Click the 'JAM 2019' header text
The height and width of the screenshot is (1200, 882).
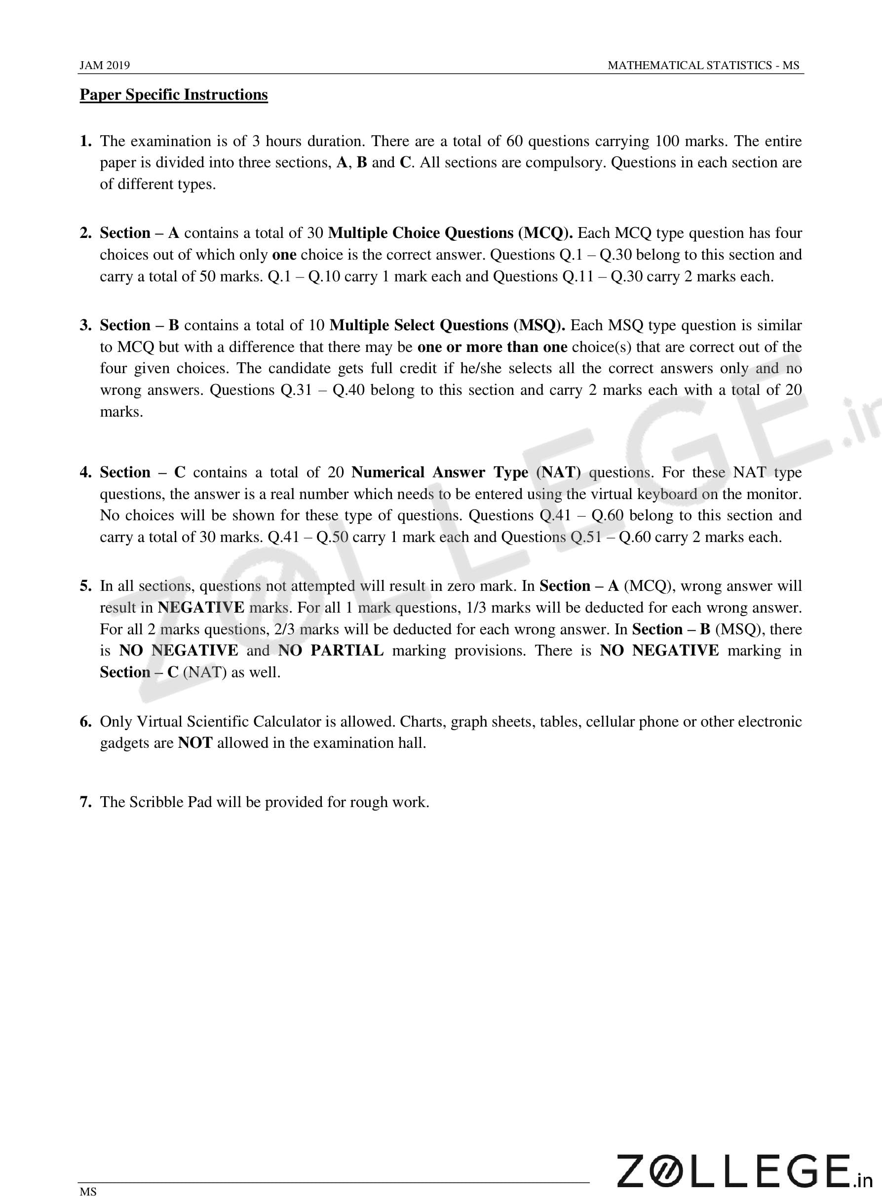(x=105, y=65)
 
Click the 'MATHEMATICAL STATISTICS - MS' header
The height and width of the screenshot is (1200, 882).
(x=703, y=65)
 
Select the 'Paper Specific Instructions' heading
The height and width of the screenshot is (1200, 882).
(x=174, y=94)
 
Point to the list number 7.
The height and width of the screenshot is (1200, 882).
(x=85, y=802)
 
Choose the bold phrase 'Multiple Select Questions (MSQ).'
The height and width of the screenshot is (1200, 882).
(x=447, y=325)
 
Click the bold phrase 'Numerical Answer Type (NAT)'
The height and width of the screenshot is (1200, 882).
(x=465, y=472)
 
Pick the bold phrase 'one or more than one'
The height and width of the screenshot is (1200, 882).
(x=492, y=347)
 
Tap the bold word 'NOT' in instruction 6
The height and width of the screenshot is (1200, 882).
(x=195, y=742)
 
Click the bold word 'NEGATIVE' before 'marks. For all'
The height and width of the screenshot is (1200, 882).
(x=201, y=608)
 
